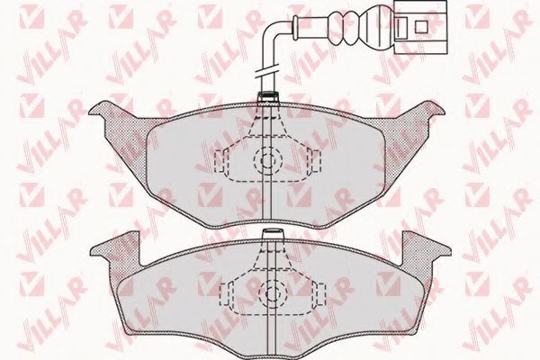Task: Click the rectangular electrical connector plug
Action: pyautogui.click(x=420, y=27)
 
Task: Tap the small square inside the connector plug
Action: pyautogui.click(x=421, y=26)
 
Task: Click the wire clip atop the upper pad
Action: pyautogui.click(x=267, y=97)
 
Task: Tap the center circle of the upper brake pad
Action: pyautogui.click(x=267, y=160)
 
